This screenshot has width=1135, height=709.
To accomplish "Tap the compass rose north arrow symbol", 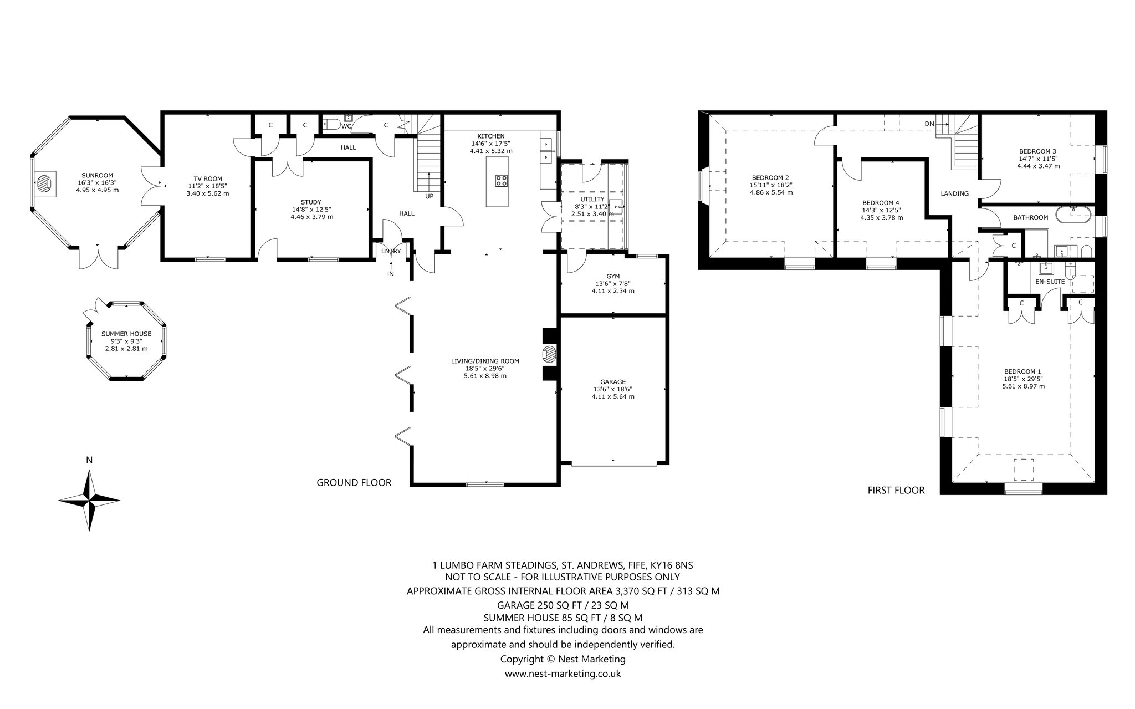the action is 89,500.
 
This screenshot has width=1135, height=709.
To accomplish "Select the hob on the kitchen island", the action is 502,180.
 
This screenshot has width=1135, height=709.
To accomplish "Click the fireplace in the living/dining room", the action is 549,355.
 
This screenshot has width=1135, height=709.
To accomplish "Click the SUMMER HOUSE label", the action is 126,334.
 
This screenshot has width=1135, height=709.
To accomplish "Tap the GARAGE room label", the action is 613,382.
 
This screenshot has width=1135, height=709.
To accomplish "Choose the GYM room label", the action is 613,276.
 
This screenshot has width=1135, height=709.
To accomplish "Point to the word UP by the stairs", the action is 430,196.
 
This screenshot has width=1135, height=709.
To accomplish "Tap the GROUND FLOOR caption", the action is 354,483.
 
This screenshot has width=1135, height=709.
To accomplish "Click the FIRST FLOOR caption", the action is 896,490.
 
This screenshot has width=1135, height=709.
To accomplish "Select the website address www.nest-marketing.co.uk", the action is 563,674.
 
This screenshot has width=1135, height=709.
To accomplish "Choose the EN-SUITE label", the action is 1050,282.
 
